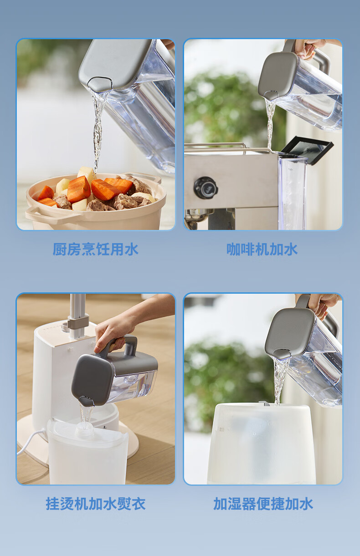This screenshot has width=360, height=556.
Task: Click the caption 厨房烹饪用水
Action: (95, 249)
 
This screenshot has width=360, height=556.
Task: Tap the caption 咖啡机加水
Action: (262, 249)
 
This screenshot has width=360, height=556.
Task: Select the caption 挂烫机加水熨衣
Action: (96, 504)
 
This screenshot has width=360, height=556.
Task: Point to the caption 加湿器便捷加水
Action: (263, 504)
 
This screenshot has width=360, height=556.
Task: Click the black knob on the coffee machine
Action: (206, 188)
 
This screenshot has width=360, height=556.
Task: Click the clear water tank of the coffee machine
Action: (292, 191)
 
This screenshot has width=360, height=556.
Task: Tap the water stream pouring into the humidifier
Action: (279, 380)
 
